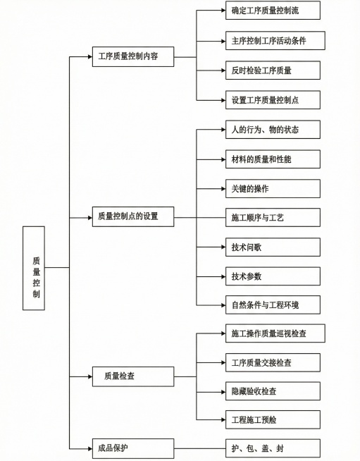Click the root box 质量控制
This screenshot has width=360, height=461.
[34, 268]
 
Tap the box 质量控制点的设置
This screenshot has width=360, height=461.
[133, 216]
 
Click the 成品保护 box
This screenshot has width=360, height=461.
[133, 448]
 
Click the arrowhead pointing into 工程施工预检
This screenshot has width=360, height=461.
[221, 419]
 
